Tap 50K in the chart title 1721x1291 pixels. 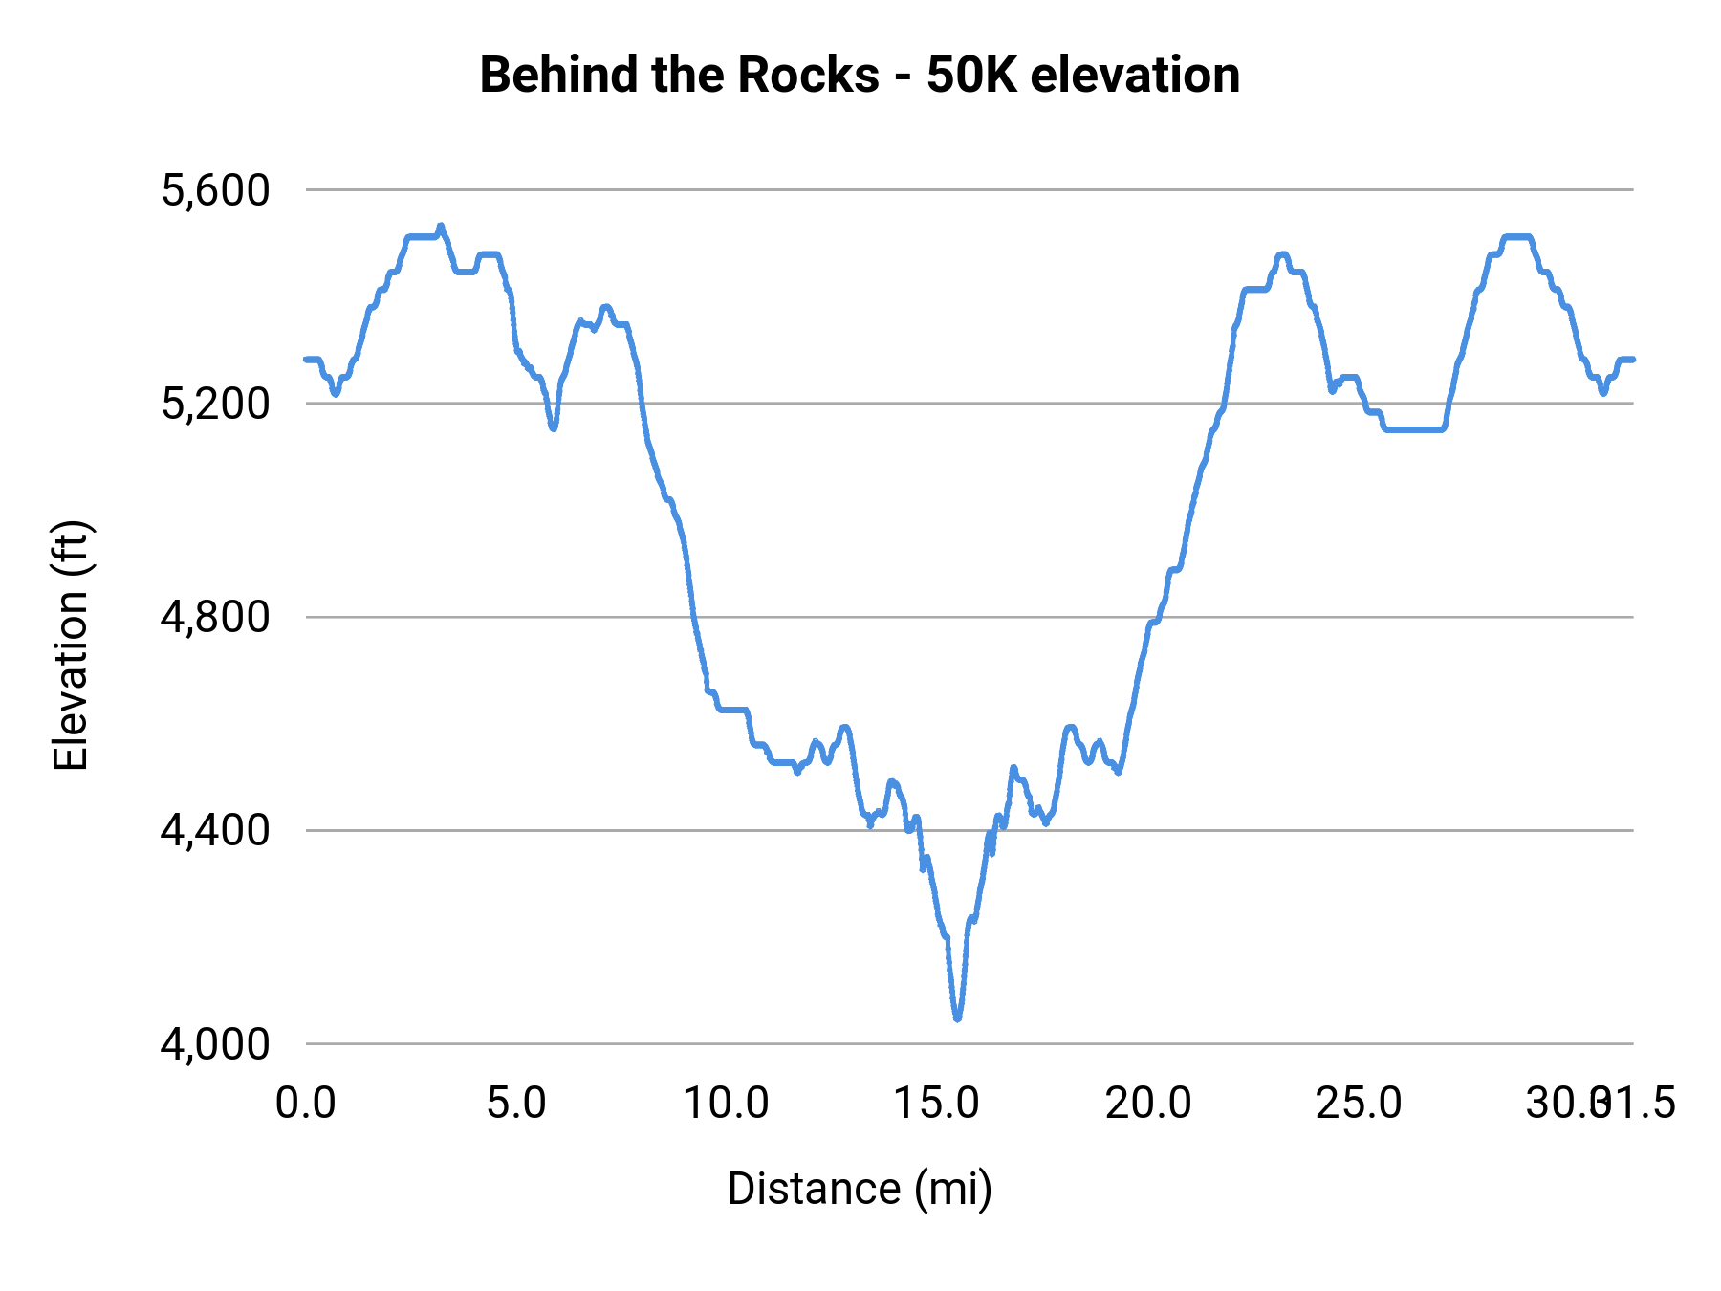point(971,75)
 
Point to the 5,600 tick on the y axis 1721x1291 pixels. point(215,190)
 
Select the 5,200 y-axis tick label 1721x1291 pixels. point(215,404)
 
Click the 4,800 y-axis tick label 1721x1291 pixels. point(215,617)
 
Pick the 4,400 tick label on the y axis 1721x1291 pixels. point(215,830)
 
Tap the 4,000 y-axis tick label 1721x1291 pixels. point(215,1043)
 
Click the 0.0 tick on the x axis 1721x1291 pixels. point(306,1104)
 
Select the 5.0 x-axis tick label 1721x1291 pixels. point(516,1104)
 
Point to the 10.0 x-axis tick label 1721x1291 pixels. point(727,1104)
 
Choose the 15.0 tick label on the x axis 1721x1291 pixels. point(937,1104)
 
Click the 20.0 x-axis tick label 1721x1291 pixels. point(1148,1104)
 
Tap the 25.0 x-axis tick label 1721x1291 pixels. point(1359,1104)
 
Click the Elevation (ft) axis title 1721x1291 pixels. point(70,645)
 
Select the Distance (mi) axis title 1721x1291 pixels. point(860,1189)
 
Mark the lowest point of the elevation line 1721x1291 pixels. point(957,1019)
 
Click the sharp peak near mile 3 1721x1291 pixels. point(441,227)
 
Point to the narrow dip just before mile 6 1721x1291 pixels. point(553,427)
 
